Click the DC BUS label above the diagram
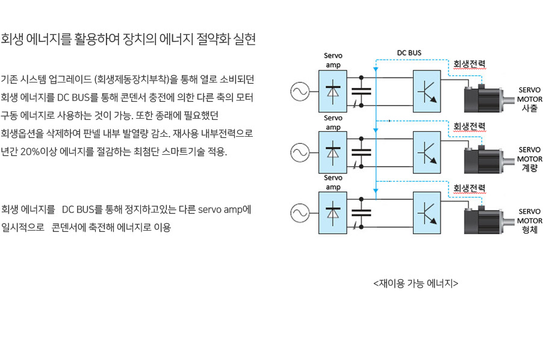click(409, 53)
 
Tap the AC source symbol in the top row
click(300, 92)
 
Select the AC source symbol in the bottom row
click(300, 213)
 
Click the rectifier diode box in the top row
click(333, 92)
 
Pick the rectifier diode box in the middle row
click(333, 152)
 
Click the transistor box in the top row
click(427, 92)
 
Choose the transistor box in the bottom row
click(427, 213)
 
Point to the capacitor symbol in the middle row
click(361, 152)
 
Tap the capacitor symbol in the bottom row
click(361, 213)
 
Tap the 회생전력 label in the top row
click(469, 64)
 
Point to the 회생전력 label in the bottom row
click(469, 188)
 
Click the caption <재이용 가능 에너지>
click(415, 284)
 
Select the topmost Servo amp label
click(333, 60)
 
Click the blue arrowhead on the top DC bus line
click(376, 69)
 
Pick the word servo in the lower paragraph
click(210, 209)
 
